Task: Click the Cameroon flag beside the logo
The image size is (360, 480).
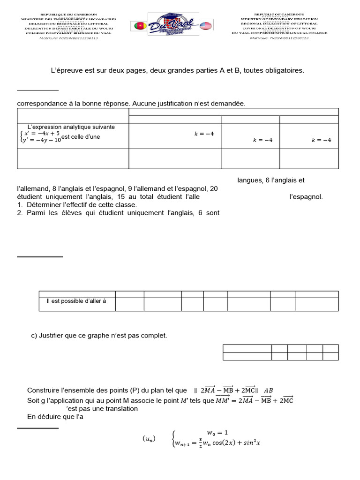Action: pyautogui.click(x=140, y=25)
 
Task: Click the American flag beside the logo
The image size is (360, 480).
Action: pyautogui.click(x=205, y=25)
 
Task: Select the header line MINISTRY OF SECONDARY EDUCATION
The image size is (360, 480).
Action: pyautogui.click(x=279, y=19)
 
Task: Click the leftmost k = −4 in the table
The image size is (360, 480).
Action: pyautogui.click(x=204, y=134)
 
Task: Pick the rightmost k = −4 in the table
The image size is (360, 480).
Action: pyautogui.click(x=322, y=140)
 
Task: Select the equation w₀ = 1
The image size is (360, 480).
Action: pyautogui.click(x=217, y=432)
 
